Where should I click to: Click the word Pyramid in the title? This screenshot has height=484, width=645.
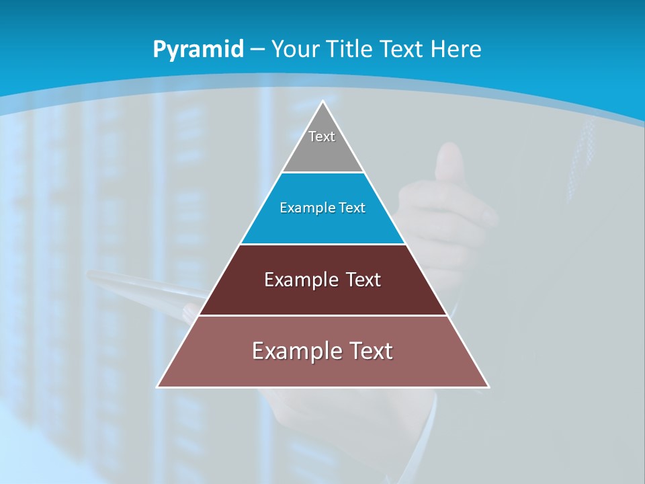tap(198, 50)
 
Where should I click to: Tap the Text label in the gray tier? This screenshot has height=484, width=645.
tap(322, 136)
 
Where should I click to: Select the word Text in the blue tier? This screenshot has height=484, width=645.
tap(352, 208)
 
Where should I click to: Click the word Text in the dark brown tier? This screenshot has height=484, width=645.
tap(363, 280)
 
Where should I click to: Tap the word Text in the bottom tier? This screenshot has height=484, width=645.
tap(370, 351)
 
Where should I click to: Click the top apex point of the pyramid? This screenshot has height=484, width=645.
tap(323, 102)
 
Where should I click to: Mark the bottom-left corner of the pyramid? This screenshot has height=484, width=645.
tap(158, 387)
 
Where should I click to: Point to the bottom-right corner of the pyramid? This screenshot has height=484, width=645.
tap(488, 387)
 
